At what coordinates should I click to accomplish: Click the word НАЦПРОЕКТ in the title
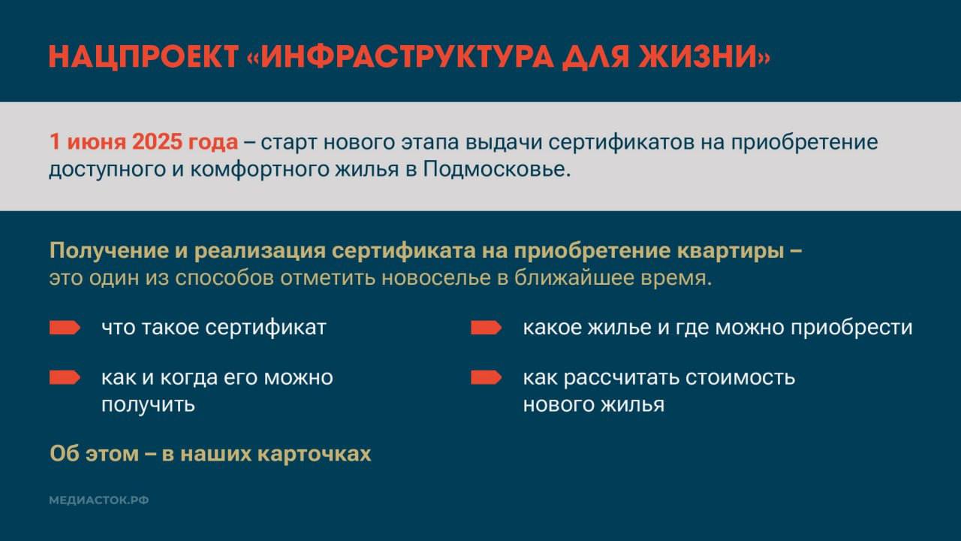point(143,57)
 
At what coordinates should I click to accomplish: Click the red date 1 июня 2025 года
point(143,142)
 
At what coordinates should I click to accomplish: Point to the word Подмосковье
point(496,169)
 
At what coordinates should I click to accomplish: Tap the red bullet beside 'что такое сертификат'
point(65,328)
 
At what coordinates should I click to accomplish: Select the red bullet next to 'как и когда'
point(65,377)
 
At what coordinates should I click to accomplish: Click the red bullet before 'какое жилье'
point(486,328)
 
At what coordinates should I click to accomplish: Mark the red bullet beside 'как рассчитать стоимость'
point(486,377)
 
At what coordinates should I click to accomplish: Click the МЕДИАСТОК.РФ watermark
point(99,500)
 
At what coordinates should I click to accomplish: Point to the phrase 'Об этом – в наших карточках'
point(210,454)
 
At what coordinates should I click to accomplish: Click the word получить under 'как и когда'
point(148,404)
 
